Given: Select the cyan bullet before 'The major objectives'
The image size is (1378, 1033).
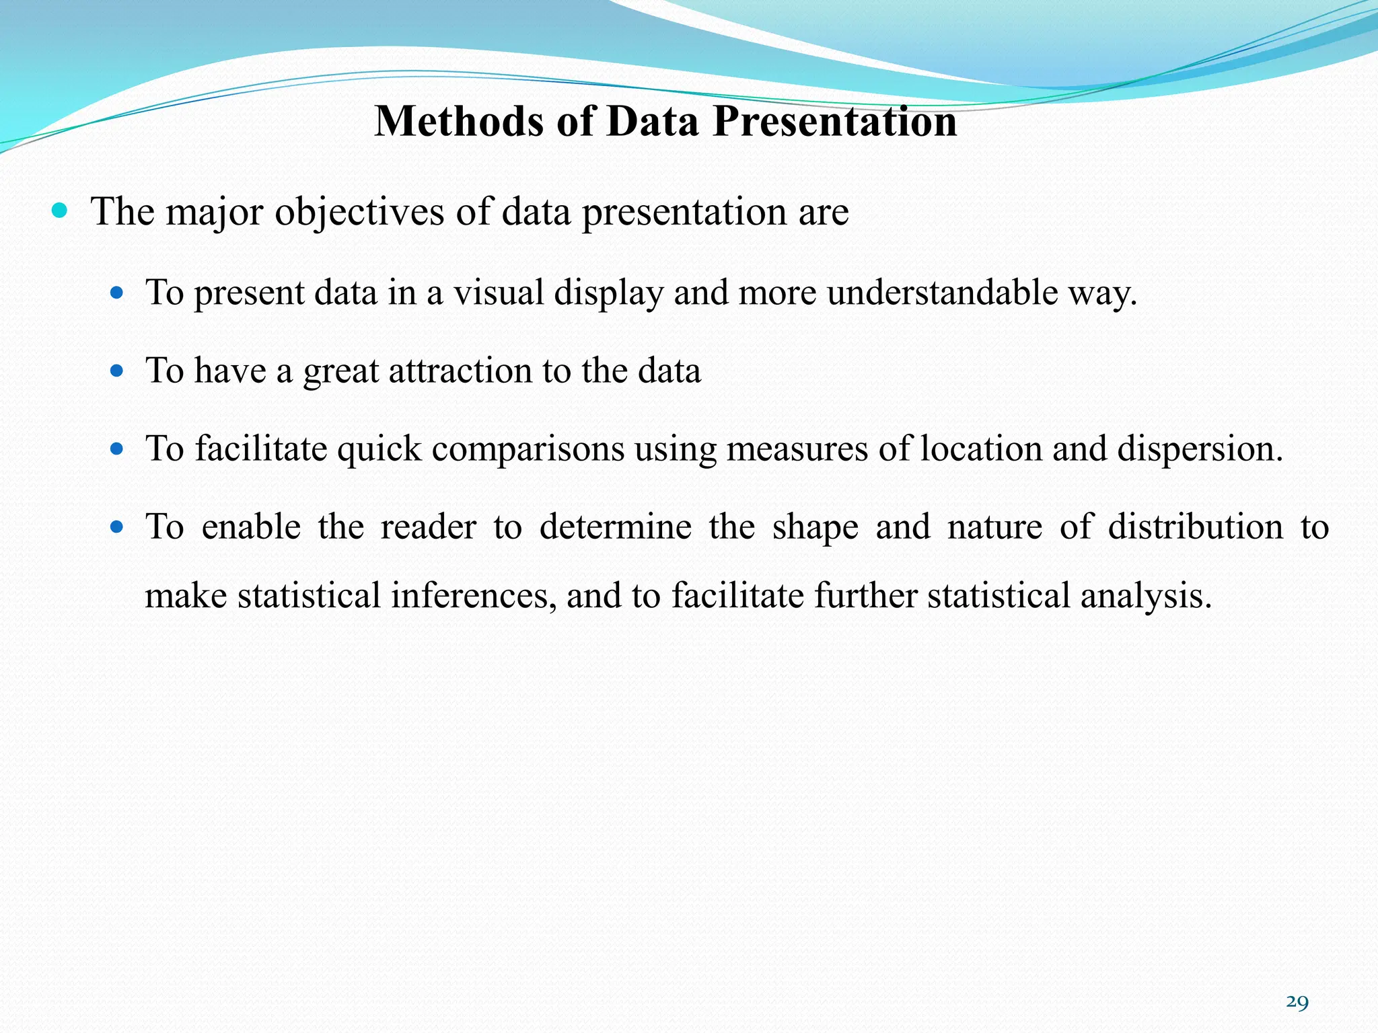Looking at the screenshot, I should [60, 211].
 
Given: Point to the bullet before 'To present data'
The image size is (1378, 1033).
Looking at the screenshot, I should [117, 293].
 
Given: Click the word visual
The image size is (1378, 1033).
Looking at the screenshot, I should [498, 293].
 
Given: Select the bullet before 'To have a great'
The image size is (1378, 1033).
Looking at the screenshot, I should [117, 371].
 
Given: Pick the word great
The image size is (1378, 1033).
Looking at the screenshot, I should [341, 371].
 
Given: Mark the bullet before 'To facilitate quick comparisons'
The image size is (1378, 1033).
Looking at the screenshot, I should [117, 449].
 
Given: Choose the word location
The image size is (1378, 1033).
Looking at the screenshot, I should [981, 449].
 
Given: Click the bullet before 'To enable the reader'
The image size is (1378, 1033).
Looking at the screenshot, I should [117, 527].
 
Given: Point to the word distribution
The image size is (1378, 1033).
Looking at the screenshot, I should [1196, 527].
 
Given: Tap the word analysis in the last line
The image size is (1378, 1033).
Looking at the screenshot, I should [1145, 596].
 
